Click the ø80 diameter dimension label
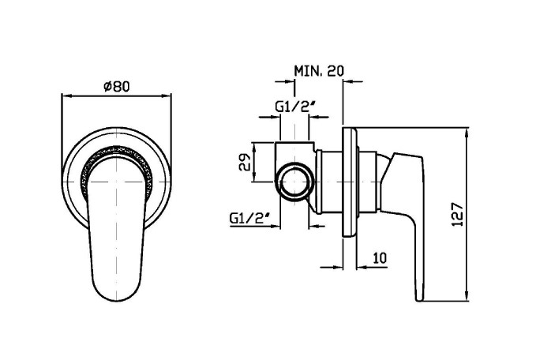[117, 87]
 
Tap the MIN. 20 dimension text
[319, 71]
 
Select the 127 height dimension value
[457, 215]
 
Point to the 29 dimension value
[245, 162]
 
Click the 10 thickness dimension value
[380, 258]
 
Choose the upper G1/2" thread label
[294, 107]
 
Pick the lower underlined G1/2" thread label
[250, 218]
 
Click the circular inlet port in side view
[295, 182]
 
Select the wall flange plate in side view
[350, 182]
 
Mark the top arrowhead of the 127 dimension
[467, 133]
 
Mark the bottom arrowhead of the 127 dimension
[467, 296]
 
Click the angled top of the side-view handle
[407, 156]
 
